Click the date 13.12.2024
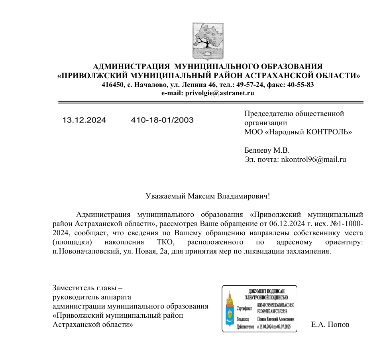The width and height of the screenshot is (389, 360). pyautogui.click(x=84, y=120)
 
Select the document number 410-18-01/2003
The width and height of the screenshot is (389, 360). pyautogui.click(x=162, y=120)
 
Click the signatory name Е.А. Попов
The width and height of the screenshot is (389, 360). pyautogui.click(x=330, y=325)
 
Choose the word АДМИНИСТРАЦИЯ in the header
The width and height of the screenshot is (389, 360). pyautogui.click(x=131, y=66)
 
